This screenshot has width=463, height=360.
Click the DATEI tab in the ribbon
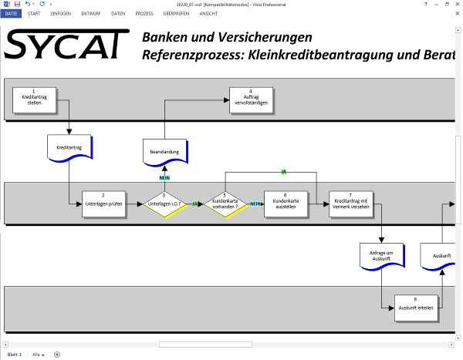(11, 14)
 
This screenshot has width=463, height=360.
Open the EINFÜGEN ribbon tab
(60, 14)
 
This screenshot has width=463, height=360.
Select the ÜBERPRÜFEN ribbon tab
(177, 14)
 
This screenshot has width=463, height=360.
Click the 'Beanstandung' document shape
(164, 152)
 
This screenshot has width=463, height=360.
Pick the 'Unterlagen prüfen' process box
(103, 204)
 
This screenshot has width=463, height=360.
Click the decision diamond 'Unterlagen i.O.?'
(164, 204)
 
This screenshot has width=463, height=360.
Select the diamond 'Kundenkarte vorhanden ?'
(225, 204)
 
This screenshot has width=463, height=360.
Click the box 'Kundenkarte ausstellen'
(285, 204)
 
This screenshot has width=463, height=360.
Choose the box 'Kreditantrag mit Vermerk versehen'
(350, 204)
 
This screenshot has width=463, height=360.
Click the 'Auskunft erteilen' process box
(415, 308)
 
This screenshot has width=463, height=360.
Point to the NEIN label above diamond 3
(164, 178)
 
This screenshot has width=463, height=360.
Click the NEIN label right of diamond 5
(255, 204)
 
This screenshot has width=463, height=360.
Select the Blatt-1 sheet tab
(14, 354)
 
